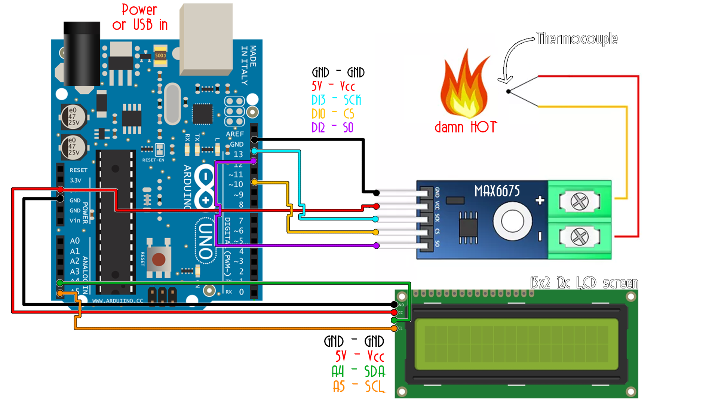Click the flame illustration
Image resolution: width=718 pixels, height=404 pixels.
tap(465, 88)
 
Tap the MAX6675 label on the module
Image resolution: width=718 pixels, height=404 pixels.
tap(497, 191)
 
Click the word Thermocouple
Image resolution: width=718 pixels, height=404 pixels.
tap(577, 39)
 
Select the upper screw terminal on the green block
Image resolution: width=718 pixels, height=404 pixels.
tap(579, 202)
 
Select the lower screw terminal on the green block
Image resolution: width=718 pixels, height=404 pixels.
tap(579, 237)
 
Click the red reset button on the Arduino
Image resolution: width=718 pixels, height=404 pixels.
tap(159, 259)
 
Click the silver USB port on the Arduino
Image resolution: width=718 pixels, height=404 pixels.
tap(206, 39)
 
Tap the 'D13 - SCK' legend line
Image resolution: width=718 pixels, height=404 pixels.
tap(336, 100)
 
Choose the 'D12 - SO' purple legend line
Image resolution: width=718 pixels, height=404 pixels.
tap(332, 128)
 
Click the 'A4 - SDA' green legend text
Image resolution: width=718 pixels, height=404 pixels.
tap(358, 371)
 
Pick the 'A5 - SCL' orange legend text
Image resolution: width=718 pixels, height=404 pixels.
tap(358, 386)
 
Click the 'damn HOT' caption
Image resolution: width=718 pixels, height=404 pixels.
tap(465, 127)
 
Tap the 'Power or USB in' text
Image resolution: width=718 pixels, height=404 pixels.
tap(140, 17)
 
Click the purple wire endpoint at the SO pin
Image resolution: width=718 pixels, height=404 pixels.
tap(377, 246)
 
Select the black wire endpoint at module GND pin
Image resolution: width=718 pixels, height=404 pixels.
tap(377, 193)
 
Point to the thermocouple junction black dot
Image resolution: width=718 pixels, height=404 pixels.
tap(508, 91)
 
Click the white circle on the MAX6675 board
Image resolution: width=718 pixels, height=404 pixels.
tap(512, 221)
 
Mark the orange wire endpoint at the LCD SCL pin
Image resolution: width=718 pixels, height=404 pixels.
tap(394, 328)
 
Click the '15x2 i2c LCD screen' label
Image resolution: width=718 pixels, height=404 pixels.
tap(584, 283)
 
